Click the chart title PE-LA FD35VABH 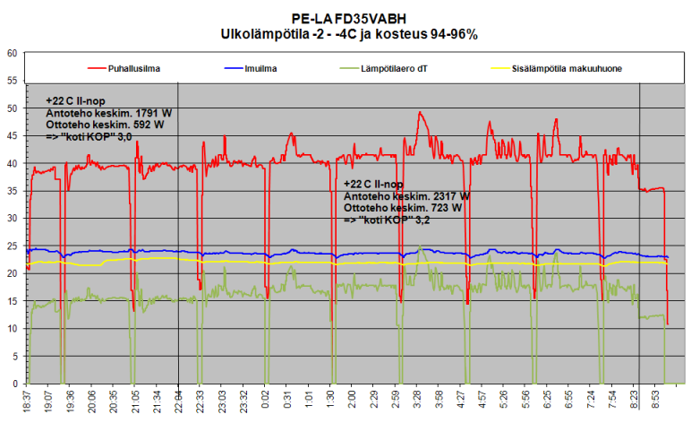tap(348, 18)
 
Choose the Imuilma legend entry tap(260, 67)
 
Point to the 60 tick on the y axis tap(13, 53)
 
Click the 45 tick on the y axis tap(13, 135)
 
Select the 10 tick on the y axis tap(13, 328)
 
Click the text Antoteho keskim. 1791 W tap(104, 114)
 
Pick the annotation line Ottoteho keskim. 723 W tap(403, 207)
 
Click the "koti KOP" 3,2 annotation tap(387, 219)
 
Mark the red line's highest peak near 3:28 tap(420, 113)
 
